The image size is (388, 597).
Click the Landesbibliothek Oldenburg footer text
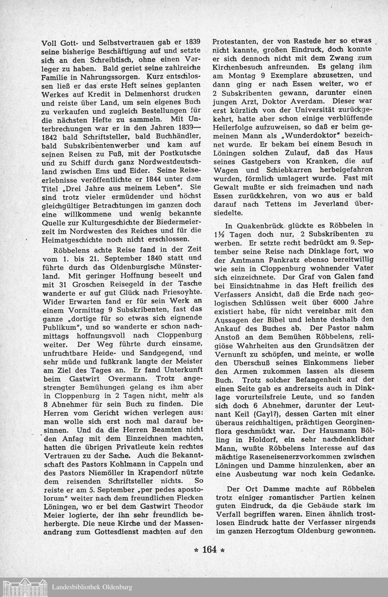pos(92,587)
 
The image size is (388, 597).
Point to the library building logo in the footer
pos(25,587)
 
